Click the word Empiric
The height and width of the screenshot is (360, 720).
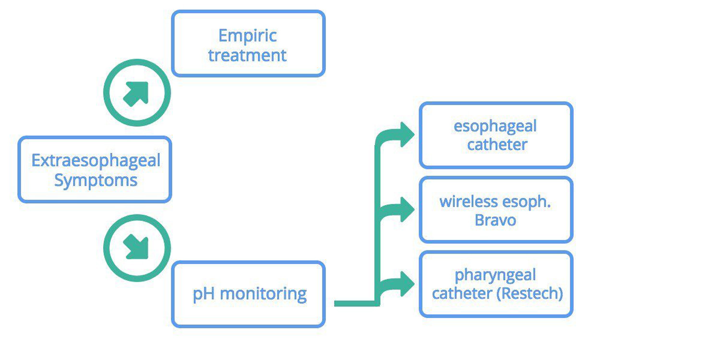(x=248, y=36)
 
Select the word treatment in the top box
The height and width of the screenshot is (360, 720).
(x=248, y=55)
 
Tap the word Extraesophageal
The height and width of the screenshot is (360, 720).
(x=96, y=160)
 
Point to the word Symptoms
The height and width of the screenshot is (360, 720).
(x=96, y=180)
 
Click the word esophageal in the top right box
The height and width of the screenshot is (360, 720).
(x=495, y=126)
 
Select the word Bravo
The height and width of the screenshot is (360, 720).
(x=495, y=220)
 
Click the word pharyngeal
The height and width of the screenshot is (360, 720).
(x=495, y=276)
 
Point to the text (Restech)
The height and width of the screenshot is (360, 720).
(x=530, y=293)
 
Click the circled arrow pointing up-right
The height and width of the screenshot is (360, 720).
(x=137, y=93)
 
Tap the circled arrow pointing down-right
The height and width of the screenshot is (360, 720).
(x=137, y=248)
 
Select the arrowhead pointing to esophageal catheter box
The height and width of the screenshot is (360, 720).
(x=406, y=134)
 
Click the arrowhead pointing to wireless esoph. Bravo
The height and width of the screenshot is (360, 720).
(x=406, y=209)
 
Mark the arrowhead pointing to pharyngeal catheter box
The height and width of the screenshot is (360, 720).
(x=406, y=284)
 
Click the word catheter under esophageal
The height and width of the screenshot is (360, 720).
(x=497, y=144)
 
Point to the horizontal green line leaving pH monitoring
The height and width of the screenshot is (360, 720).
(x=355, y=303)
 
